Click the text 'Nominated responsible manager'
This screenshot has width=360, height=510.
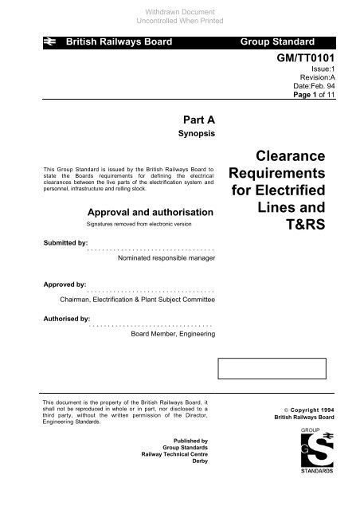[x=166, y=259]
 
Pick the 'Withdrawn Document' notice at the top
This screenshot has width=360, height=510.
[x=179, y=6]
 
